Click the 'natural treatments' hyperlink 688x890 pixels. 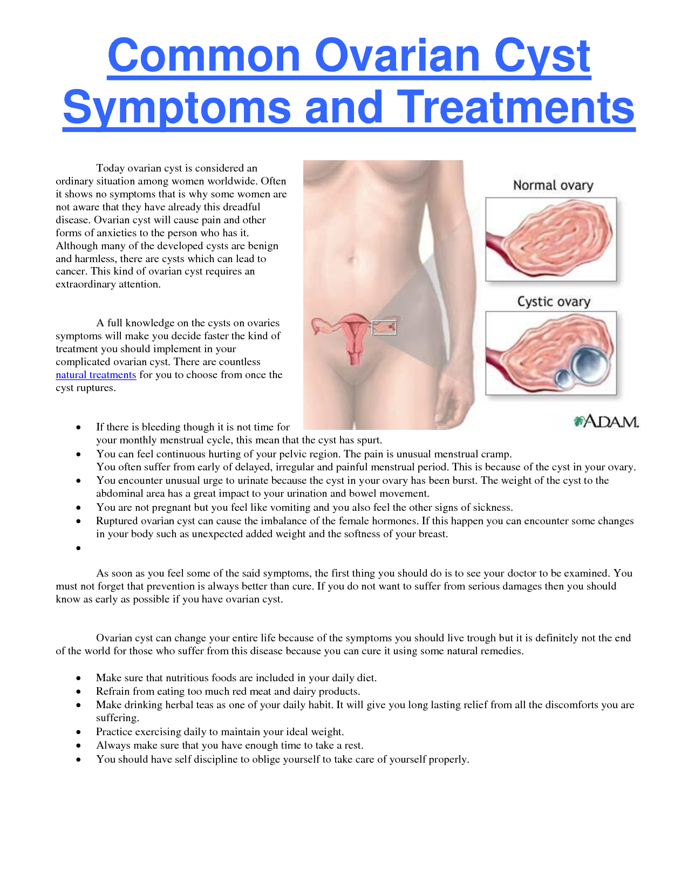pyautogui.click(x=96, y=375)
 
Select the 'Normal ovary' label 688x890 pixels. pyautogui.click(x=553, y=186)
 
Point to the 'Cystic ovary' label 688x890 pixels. pyautogui.click(x=554, y=302)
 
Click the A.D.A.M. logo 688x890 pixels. pyautogui.click(x=606, y=421)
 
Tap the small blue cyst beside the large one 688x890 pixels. pyautogui.click(x=564, y=379)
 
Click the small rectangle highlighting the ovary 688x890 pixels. pyautogui.click(x=384, y=327)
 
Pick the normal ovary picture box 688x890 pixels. pyautogui.click(x=550, y=239)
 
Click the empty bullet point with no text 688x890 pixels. pyautogui.click(x=79, y=549)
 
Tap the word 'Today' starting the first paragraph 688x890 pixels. pyautogui.click(x=110, y=168)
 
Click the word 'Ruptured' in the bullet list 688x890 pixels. pyautogui.click(x=117, y=521)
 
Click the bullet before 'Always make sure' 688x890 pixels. pyautogui.click(x=79, y=746)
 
